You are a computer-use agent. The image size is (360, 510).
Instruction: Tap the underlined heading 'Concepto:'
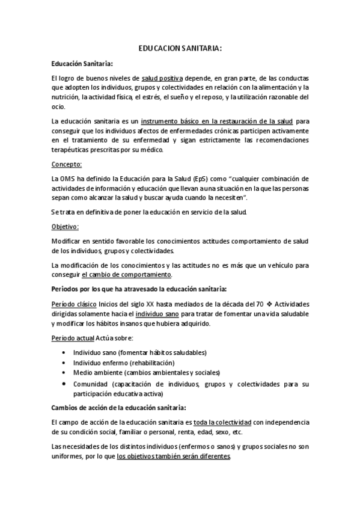tap(66, 164)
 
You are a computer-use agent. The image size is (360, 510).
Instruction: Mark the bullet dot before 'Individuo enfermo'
tap(64, 363)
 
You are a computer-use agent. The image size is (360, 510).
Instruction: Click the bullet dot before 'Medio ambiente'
tap(64, 373)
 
